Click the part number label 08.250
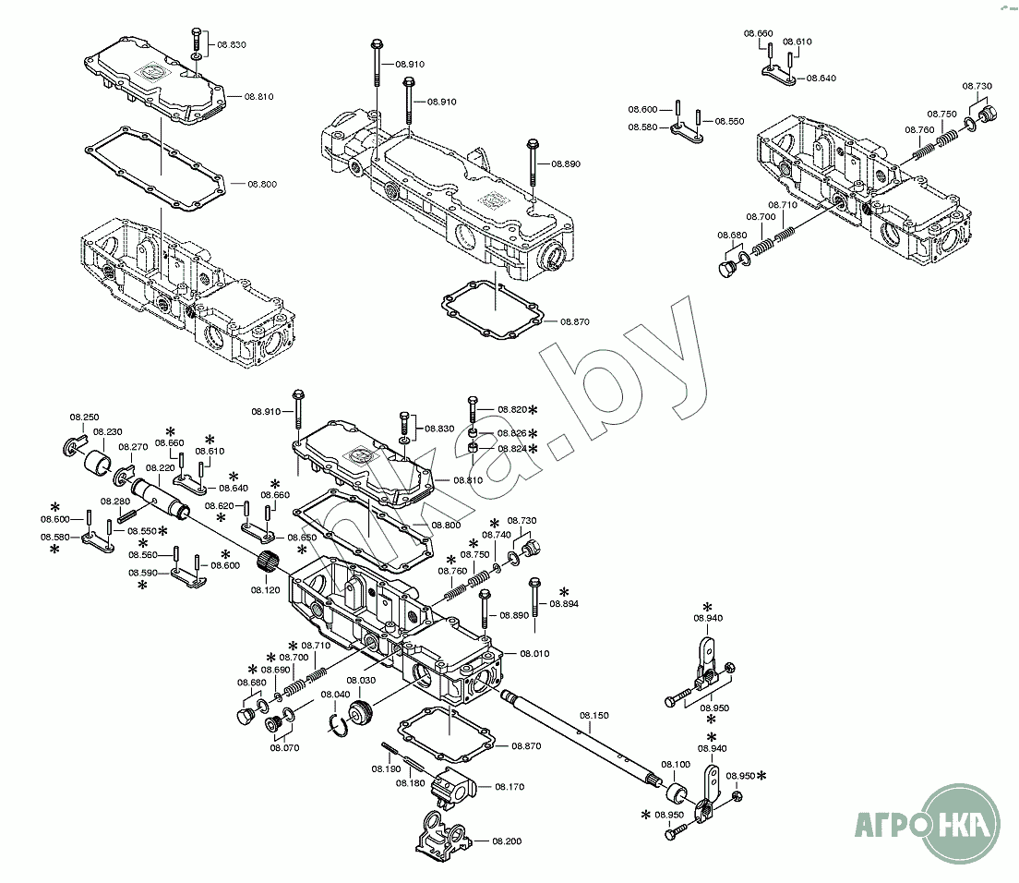click(85, 417)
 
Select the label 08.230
click(108, 432)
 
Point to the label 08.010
click(533, 653)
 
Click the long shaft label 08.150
click(594, 716)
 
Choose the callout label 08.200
click(507, 841)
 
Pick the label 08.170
click(509, 787)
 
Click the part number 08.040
click(335, 695)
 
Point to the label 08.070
click(284, 748)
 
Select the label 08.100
click(676, 765)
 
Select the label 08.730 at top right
click(977, 86)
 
